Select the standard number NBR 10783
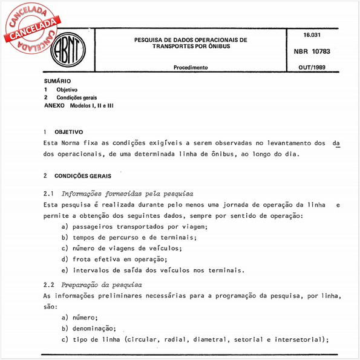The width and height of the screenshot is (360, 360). (x=312, y=53)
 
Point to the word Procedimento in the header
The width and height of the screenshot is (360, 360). (x=191, y=68)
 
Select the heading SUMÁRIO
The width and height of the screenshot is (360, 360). (x=57, y=80)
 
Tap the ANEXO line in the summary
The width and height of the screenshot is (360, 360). (x=79, y=105)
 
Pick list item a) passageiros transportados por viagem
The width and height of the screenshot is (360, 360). (x=134, y=226)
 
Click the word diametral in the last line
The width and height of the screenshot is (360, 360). (x=219, y=339)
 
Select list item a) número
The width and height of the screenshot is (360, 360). (x=79, y=317)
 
